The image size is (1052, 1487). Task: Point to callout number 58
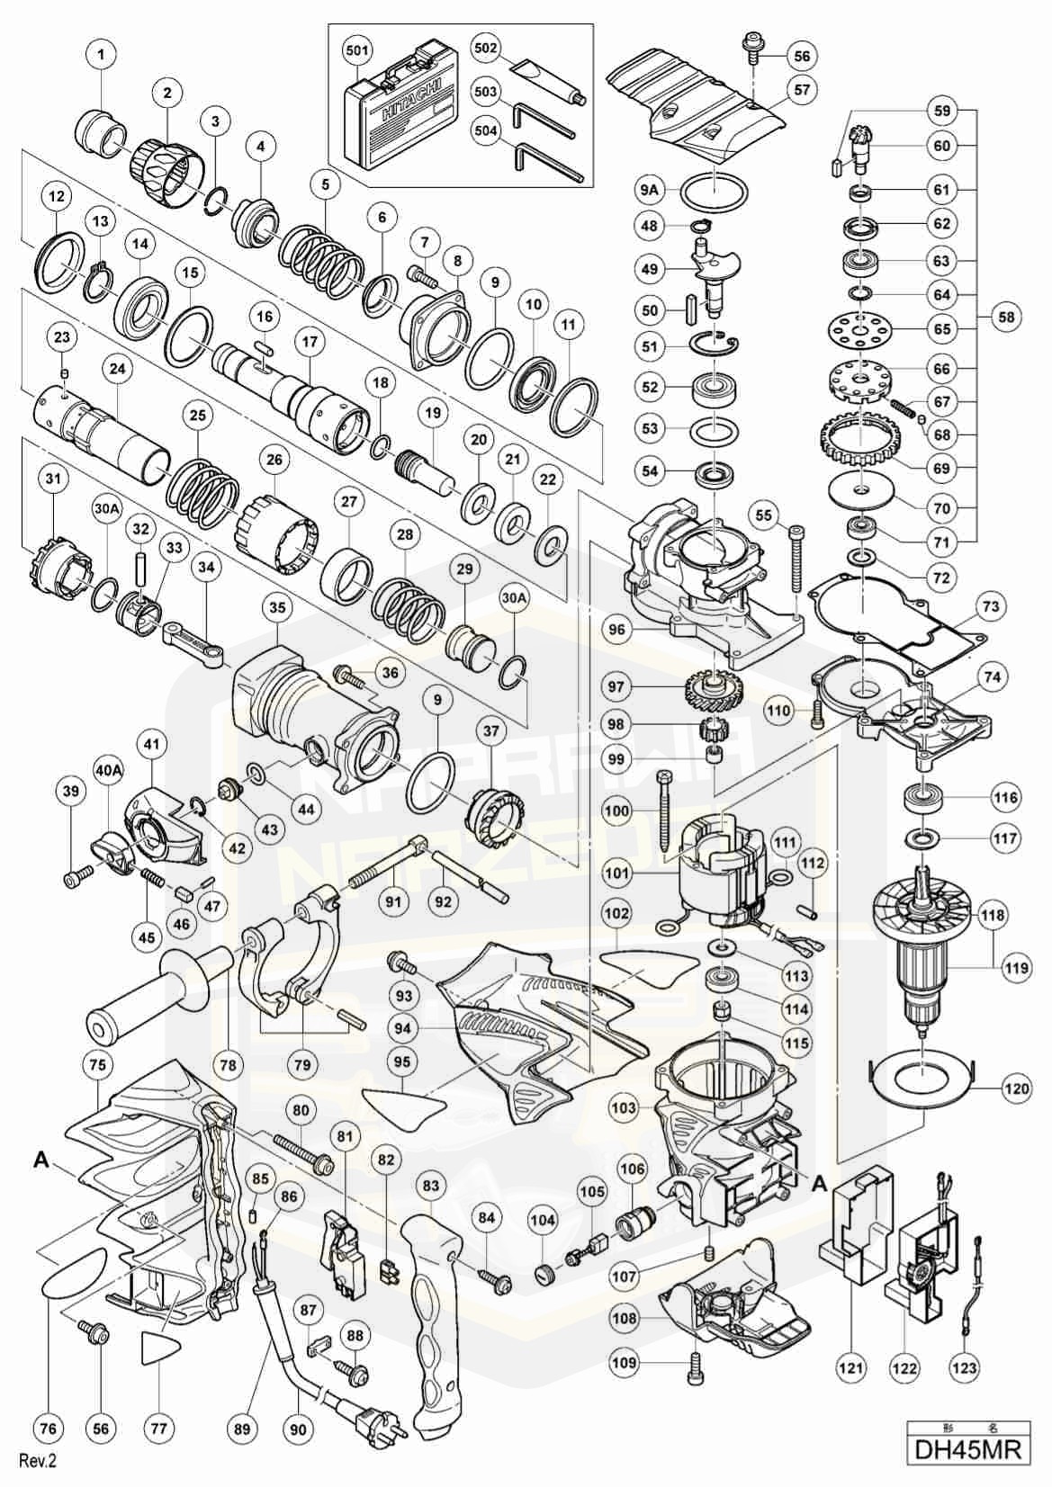click(x=1007, y=317)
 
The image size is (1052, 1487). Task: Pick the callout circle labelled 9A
click(x=649, y=190)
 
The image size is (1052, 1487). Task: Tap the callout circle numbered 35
click(x=277, y=608)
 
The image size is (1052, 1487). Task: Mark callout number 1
click(x=101, y=56)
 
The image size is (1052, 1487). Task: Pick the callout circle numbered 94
click(x=402, y=1028)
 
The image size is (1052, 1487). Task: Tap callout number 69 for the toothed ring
click(x=941, y=469)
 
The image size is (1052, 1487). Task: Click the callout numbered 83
click(x=431, y=1187)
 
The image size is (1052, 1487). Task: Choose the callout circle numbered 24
click(x=116, y=369)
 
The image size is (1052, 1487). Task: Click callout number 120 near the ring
click(x=1018, y=1088)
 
